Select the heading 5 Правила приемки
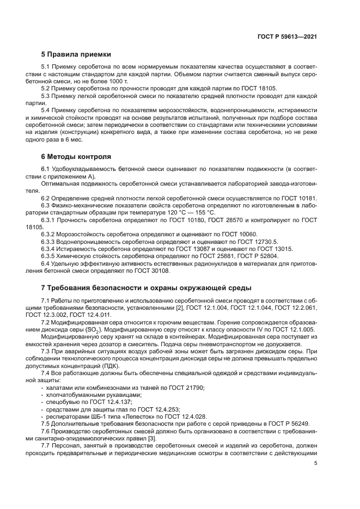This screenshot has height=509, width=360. (x=76, y=54)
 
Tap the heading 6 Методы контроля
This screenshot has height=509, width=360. (x=76, y=156)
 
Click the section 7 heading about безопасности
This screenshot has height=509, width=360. (x=146, y=287)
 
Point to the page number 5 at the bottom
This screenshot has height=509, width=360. (x=315, y=463)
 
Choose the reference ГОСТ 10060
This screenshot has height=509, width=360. (x=221, y=234)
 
